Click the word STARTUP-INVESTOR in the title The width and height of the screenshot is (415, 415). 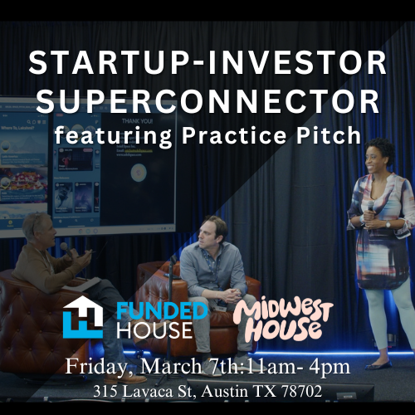(207, 62)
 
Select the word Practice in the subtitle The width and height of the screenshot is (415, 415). (234, 135)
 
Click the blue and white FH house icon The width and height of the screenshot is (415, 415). (83, 317)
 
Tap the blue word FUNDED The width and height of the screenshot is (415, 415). (162, 311)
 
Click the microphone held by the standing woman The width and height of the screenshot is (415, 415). (370, 210)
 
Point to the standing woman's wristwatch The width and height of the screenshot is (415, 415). (388, 224)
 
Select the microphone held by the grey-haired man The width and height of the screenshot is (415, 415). (66, 249)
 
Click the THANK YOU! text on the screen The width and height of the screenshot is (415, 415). (137, 121)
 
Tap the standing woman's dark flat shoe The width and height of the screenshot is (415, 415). (378, 364)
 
